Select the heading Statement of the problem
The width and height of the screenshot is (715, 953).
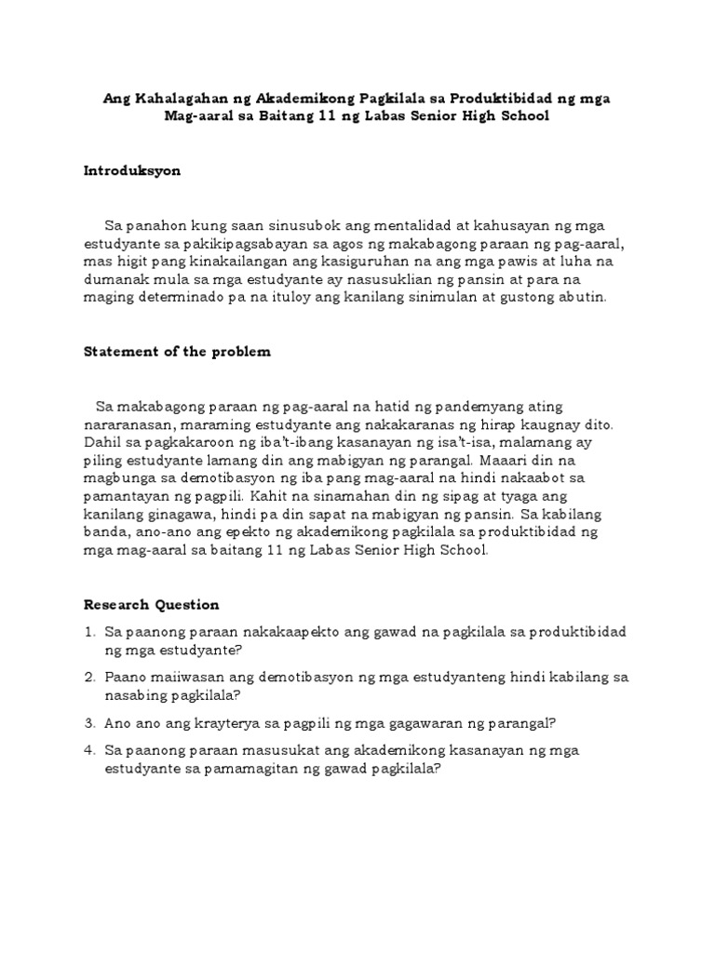(x=177, y=352)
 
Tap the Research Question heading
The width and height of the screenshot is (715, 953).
(x=152, y=604)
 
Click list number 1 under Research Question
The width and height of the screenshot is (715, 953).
(x=89, y=632)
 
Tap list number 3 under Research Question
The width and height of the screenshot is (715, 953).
(x=89, y=722)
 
